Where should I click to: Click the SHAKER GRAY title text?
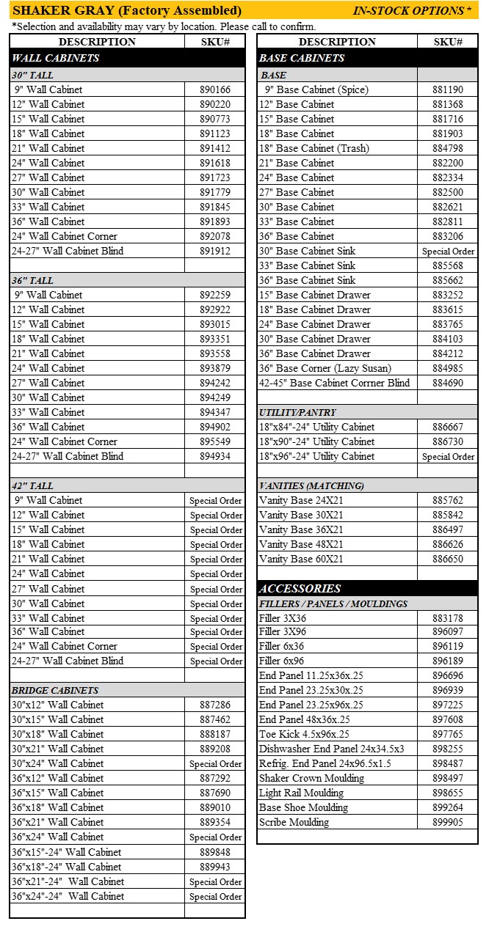[x=127, y=10]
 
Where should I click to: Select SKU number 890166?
[x=215, y=89]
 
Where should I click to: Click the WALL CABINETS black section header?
[x=56, y=58]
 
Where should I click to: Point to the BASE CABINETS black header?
[x=302, y=58]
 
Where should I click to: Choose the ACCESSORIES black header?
[x=300, y=588]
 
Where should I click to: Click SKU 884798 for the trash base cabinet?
[x=448, y=148]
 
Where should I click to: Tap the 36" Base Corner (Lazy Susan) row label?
[x=325, y=368]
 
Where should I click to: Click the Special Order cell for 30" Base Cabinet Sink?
[x=448, y=251]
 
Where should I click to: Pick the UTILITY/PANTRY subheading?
[x=297, y=412]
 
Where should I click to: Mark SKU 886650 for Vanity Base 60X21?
[x=448, y=559]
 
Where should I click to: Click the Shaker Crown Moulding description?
[x=311, y=778]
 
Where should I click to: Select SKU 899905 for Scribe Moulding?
[x=448, y=822]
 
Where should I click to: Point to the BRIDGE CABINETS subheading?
[x=55, y=690]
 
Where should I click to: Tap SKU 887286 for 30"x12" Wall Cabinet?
[x=215, y=705]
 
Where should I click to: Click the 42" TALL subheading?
[x=32, y=485]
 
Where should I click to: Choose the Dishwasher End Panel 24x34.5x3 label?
[x=331, y=749]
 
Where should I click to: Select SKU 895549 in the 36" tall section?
[x=215, y=441]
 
